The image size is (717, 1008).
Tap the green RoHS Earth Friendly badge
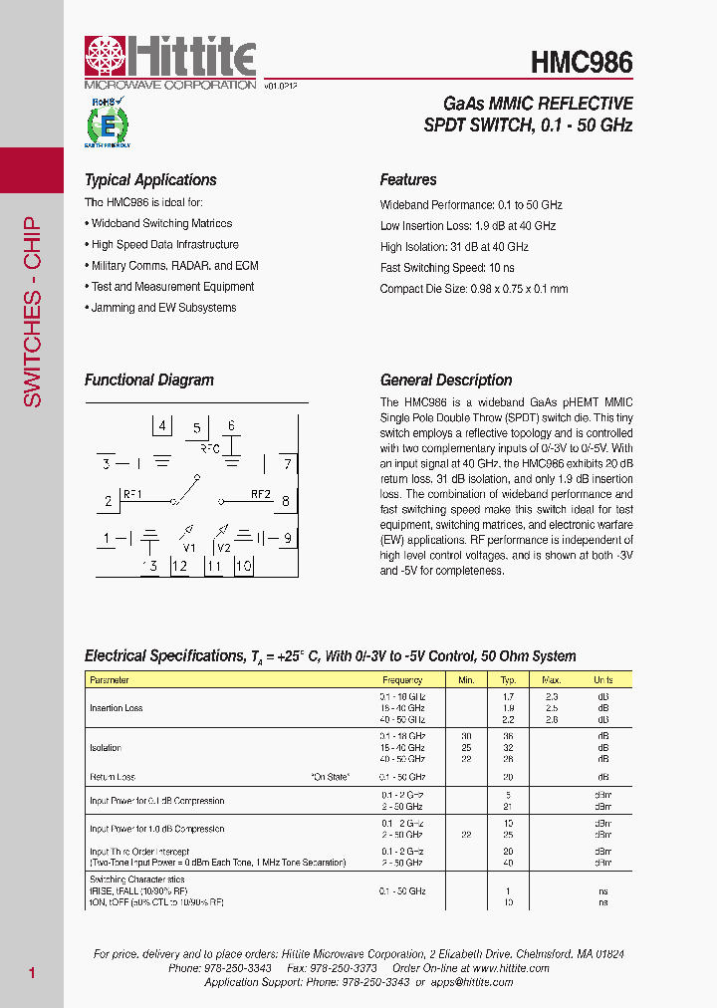[107, 125]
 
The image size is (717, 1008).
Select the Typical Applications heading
[150, 180]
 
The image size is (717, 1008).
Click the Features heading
[408, 180]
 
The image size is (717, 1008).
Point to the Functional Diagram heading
[149, 379]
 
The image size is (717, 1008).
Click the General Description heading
[446, 379]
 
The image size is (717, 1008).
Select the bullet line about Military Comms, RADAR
[174, 266]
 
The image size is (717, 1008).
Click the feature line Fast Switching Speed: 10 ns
[447, 268]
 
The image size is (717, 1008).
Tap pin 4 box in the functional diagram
[162, 425]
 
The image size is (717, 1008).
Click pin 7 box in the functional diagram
[287, 463]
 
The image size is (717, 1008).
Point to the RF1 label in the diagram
[132, 494]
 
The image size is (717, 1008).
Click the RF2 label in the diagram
[261, 494]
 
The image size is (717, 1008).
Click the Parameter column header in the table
[110, 680]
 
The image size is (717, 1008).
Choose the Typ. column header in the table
[508, 680]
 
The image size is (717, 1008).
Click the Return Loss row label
[113, 777]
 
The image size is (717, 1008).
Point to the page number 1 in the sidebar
[32, 972]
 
